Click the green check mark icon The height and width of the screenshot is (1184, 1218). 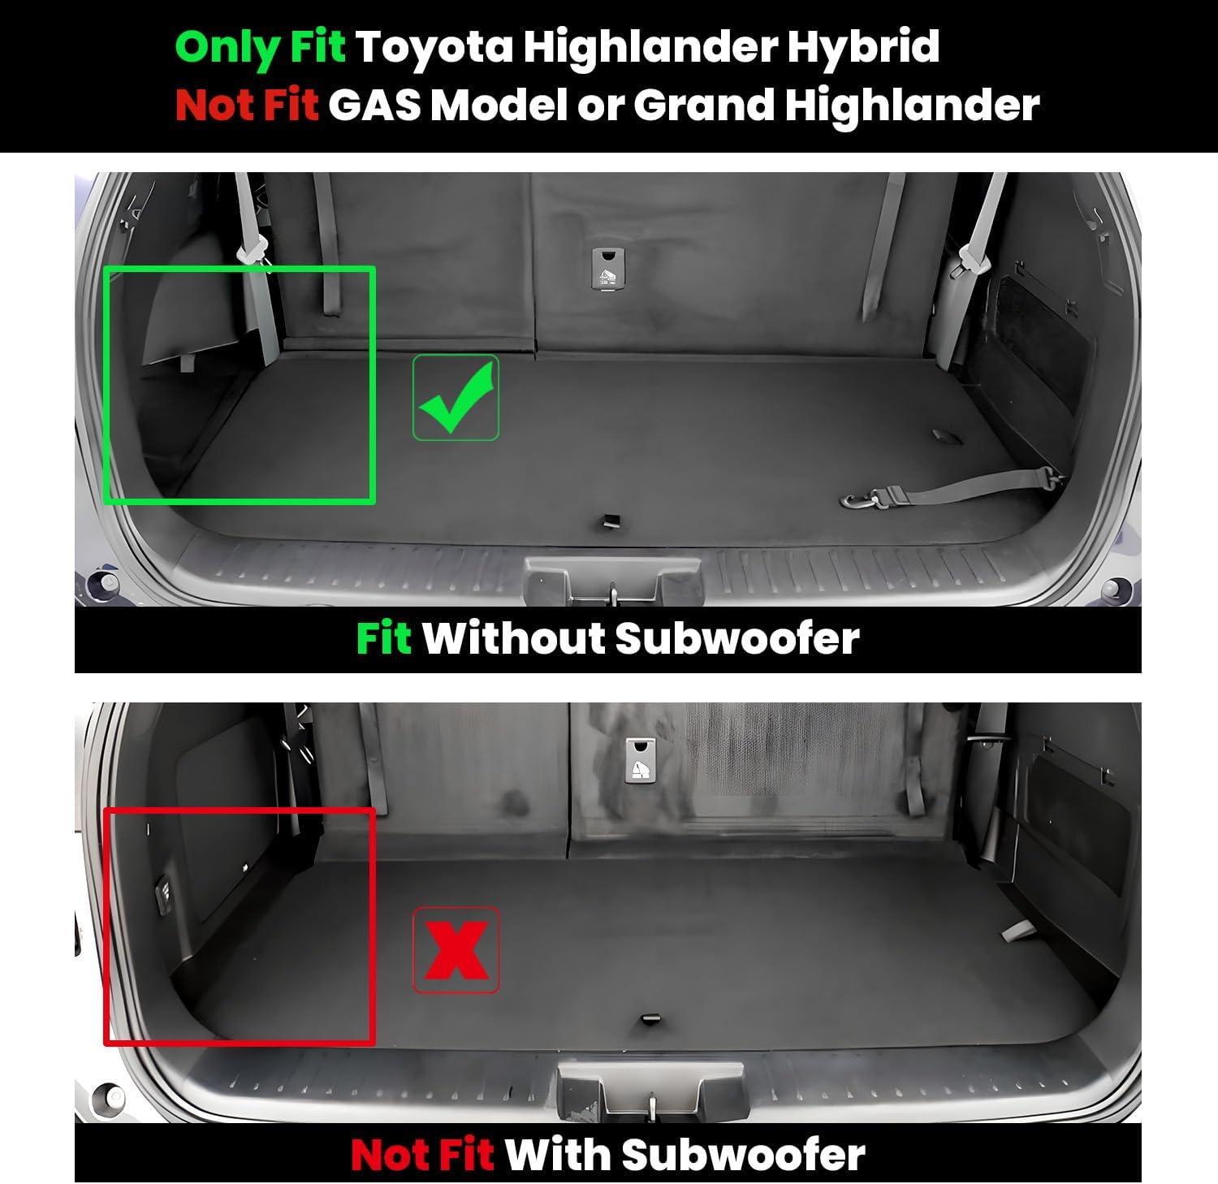(x=456, y=398)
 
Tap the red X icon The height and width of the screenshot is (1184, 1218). (x=456, y=949)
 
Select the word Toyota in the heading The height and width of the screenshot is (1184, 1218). (x=435, y=45)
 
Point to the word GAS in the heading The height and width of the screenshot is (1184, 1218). (x=375, y=105)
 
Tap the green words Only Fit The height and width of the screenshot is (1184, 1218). (x=261, y=47)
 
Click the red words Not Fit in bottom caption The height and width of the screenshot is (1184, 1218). (x=422, y=1154)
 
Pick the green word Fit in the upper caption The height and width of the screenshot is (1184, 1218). (x=385, y=637)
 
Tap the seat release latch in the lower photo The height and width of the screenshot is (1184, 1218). (x=641, y=760)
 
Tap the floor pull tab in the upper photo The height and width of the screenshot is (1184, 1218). (x=607, y=521)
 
